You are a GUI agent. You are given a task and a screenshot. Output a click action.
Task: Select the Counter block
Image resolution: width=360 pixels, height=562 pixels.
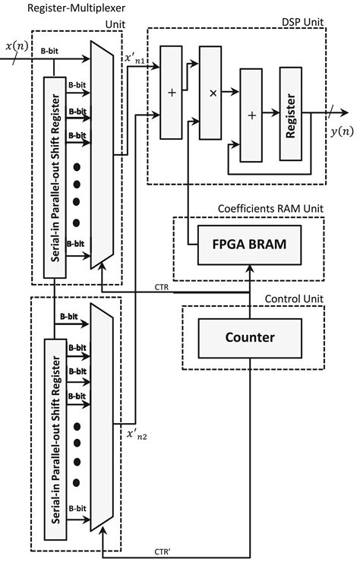(248, 337)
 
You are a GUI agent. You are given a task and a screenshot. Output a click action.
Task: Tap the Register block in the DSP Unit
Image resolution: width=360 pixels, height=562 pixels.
(290, 113)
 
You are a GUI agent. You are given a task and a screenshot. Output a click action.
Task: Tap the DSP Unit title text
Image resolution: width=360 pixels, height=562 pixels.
(303, 22)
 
